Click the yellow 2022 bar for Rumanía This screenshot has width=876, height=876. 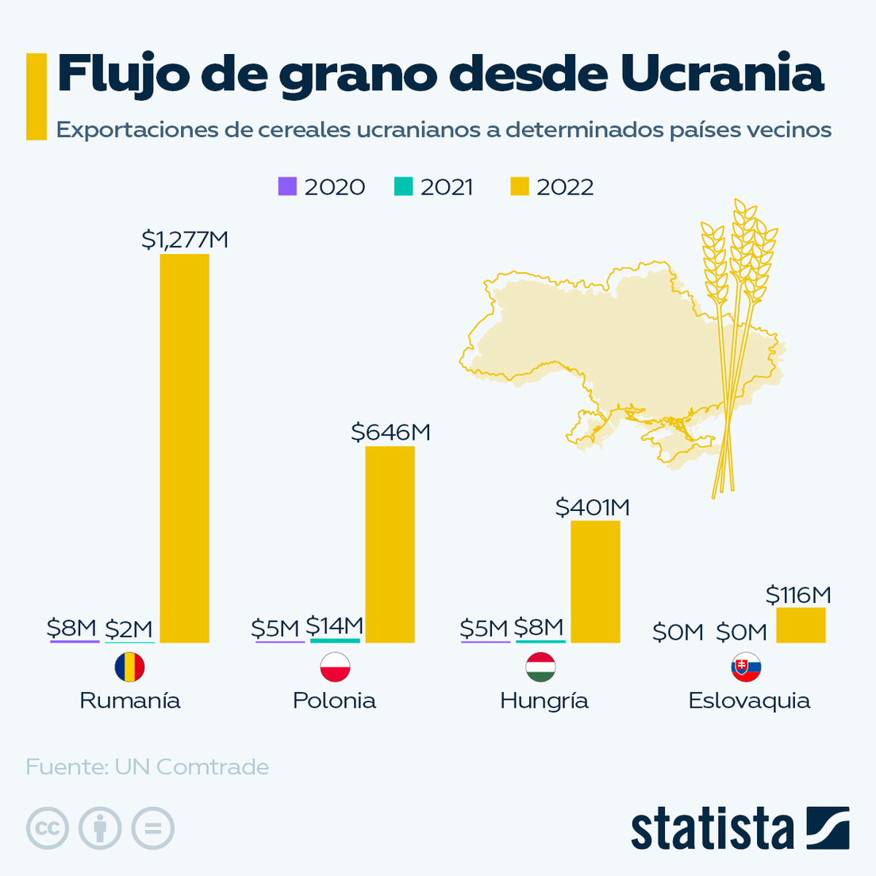[x=184, y=448]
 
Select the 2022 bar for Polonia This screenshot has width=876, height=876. [x=390, y=544]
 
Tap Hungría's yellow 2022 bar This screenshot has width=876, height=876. [x=595, y=582]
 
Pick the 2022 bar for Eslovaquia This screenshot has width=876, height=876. [x=801, y=625]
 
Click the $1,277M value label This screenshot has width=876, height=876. [x=185, y=240]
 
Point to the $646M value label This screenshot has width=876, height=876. [x=390, y=432]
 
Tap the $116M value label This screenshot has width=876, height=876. [x=798, y=594]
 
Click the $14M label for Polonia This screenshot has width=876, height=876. [x=334, y=626]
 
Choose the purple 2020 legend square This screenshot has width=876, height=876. [x=287, y=186]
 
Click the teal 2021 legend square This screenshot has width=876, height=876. [x=403, y=186]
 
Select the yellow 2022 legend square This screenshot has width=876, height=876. [x=519, y=186]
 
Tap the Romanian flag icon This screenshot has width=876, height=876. [x=129, y=667]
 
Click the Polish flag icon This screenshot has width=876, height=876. [x=335, y=667]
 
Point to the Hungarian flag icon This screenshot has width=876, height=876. [x=540, y=667]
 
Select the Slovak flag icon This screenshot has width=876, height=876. [x=746, y=667]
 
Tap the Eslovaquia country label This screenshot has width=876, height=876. [x=749, y=701]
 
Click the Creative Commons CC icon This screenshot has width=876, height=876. [x=47, y=829]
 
